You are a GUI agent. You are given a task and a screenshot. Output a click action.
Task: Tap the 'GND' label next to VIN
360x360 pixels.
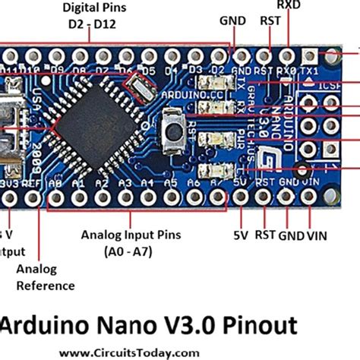(x=289, y=235)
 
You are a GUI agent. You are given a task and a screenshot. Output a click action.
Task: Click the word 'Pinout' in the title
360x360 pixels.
(x=254, y=326)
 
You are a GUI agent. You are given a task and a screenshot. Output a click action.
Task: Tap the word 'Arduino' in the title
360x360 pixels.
(x=45, y=326)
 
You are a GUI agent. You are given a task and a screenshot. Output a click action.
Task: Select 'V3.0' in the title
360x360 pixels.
(x=180, y=326)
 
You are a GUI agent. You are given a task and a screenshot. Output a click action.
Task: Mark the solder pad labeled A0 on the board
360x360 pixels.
(x=54, y=199)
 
